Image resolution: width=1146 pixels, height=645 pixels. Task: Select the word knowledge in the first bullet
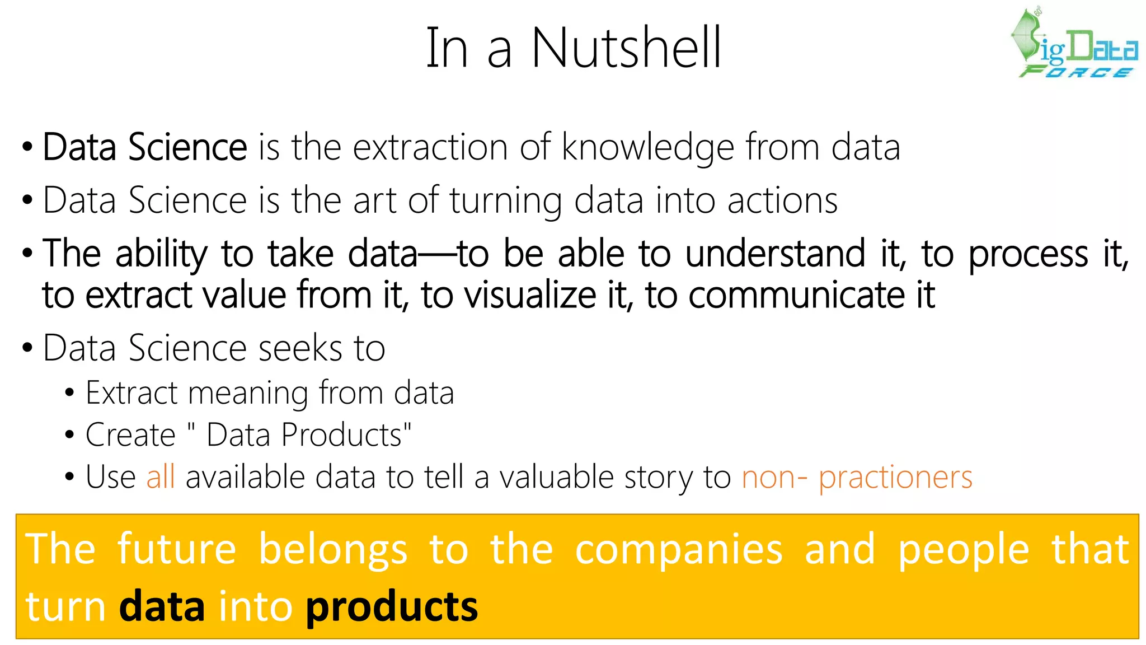point(647,148)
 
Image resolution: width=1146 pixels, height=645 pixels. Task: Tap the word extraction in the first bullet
point(430,148)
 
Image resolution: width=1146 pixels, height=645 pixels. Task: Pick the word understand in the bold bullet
point(775,254)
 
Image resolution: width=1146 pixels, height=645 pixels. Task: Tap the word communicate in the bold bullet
point(796,295)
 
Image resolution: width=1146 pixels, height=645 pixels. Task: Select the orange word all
point(161,477)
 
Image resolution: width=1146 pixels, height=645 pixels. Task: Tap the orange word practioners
point(895,478)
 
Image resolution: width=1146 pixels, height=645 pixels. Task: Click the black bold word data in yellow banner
point(162,607)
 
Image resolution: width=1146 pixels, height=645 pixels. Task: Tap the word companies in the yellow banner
point(679,550)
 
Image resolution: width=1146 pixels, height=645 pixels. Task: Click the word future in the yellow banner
point(177,549)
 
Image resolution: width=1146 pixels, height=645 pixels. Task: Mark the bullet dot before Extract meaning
point(69,394)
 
